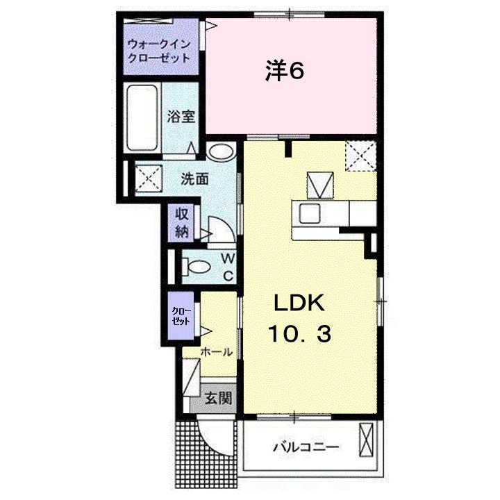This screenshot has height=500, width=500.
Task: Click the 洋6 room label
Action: click(285, 72)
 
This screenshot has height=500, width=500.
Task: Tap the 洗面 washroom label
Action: click(194, 178)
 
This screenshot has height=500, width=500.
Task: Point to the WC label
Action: click(227, 266)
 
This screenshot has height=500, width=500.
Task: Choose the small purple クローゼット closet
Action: click(183, 317)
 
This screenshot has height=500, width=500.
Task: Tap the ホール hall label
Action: click(216, 352)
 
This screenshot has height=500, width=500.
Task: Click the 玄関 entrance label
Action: click(218, 399)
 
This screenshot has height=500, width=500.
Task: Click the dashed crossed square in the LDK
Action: click(361, 155)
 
